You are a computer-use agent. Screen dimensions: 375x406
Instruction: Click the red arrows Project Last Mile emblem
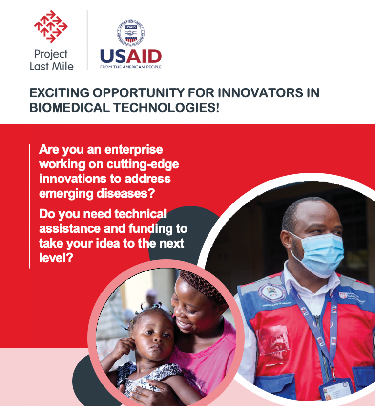click(51, 26)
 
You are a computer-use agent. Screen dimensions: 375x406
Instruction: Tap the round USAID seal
click(131, 33)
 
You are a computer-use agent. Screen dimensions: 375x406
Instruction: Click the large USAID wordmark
click(131, 56)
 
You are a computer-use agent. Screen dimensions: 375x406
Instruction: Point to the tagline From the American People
click(131, 67)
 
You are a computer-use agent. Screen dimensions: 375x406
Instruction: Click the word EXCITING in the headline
click(60, 93)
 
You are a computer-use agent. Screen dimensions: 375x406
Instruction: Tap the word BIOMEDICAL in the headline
click(69, 108)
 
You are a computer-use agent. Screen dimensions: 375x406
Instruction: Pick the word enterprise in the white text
click(134, 150)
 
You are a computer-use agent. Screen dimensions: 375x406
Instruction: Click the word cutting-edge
click(143, 164)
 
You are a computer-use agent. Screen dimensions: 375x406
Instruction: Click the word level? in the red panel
click(56, 258)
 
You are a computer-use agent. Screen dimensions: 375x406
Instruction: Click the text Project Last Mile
click(51, 60)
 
